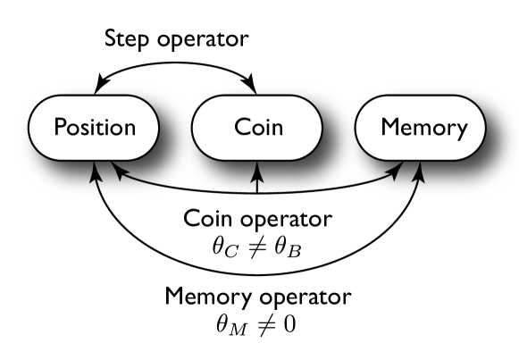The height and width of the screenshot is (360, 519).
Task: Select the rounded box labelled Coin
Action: click(x=258, y=128)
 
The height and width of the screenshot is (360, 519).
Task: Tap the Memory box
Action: click(x=423, y=128)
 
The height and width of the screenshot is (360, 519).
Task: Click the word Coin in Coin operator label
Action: click(x=207, y=218)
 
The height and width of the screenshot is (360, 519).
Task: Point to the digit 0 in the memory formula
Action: click(x=290, y=321)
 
